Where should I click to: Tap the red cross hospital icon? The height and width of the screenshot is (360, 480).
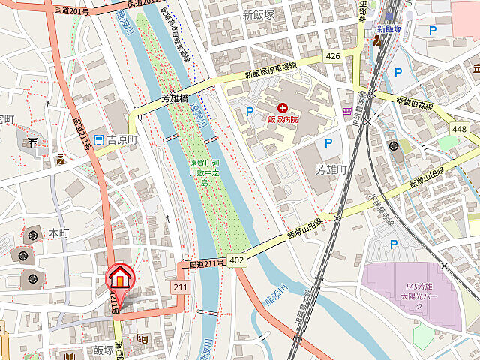click(x=283, y=108)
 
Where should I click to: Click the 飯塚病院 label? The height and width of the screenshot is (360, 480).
click(x=283, y=119)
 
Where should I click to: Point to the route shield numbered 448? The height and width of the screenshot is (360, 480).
click(x=459, y=129)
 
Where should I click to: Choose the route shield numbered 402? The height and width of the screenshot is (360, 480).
click(x=237, y=259)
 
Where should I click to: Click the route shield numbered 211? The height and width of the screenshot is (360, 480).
click(x=179, y=286)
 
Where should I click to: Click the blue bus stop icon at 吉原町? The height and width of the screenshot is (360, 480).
click(x=88, y=138)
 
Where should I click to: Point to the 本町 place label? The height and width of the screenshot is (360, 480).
click(x=58, y=233)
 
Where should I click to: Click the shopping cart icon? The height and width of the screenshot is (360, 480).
click(x=346, y=112)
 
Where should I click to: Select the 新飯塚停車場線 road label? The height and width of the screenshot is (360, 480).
click(x=271, y=70)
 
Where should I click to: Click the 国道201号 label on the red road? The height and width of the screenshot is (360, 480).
click(x=72, y=12)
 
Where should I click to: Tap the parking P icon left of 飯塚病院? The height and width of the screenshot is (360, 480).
click(x=249, y=111)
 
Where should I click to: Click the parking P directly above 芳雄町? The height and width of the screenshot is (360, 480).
click(x=328, y=142)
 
